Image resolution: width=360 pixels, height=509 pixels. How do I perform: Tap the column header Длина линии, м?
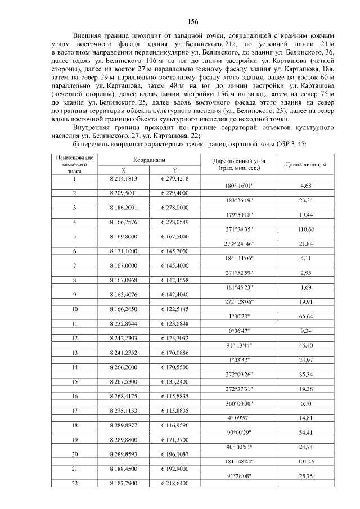(306, 164)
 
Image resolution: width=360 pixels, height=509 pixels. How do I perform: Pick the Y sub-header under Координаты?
(174, 170)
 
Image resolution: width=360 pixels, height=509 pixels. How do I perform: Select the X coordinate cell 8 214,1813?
(124, 178)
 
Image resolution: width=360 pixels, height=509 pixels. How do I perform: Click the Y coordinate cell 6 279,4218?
(174, 178)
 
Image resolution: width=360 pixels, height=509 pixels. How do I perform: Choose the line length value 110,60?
(306, 229)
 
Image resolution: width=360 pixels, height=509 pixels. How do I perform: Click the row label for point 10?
(75, 309)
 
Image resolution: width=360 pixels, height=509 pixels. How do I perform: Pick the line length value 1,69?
(306, 287)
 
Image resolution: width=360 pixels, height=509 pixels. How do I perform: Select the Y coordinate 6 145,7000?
(174, 251)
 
